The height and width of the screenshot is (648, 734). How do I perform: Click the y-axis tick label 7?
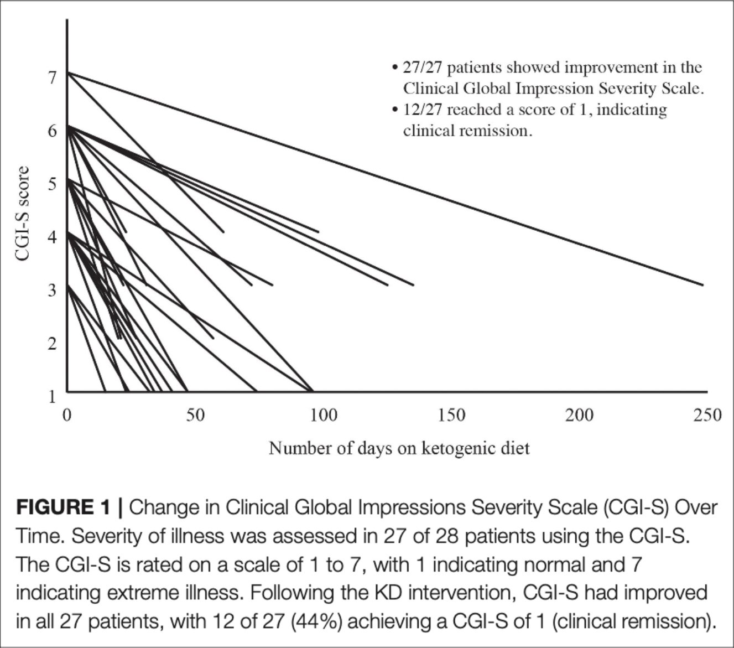pos(52,77)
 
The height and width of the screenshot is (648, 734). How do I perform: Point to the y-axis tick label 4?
pos(52,237)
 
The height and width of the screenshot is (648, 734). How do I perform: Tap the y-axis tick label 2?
pos(52,344)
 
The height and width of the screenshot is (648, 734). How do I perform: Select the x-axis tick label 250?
pos(707,414)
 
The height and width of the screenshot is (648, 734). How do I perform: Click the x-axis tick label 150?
pos(451,414)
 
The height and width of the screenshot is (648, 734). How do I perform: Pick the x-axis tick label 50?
pos(196,414)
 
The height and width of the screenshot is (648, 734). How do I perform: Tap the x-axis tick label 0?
pos(67,414)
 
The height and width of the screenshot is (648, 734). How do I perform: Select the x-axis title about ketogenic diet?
pos(399,448)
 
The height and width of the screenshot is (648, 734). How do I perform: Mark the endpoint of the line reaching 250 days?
pos(702,285)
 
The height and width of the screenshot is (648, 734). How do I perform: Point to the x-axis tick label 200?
pos(579,414)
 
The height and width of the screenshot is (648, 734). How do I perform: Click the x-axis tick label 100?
pos(323,414)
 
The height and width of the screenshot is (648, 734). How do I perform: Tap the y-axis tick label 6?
pos(52,131)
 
